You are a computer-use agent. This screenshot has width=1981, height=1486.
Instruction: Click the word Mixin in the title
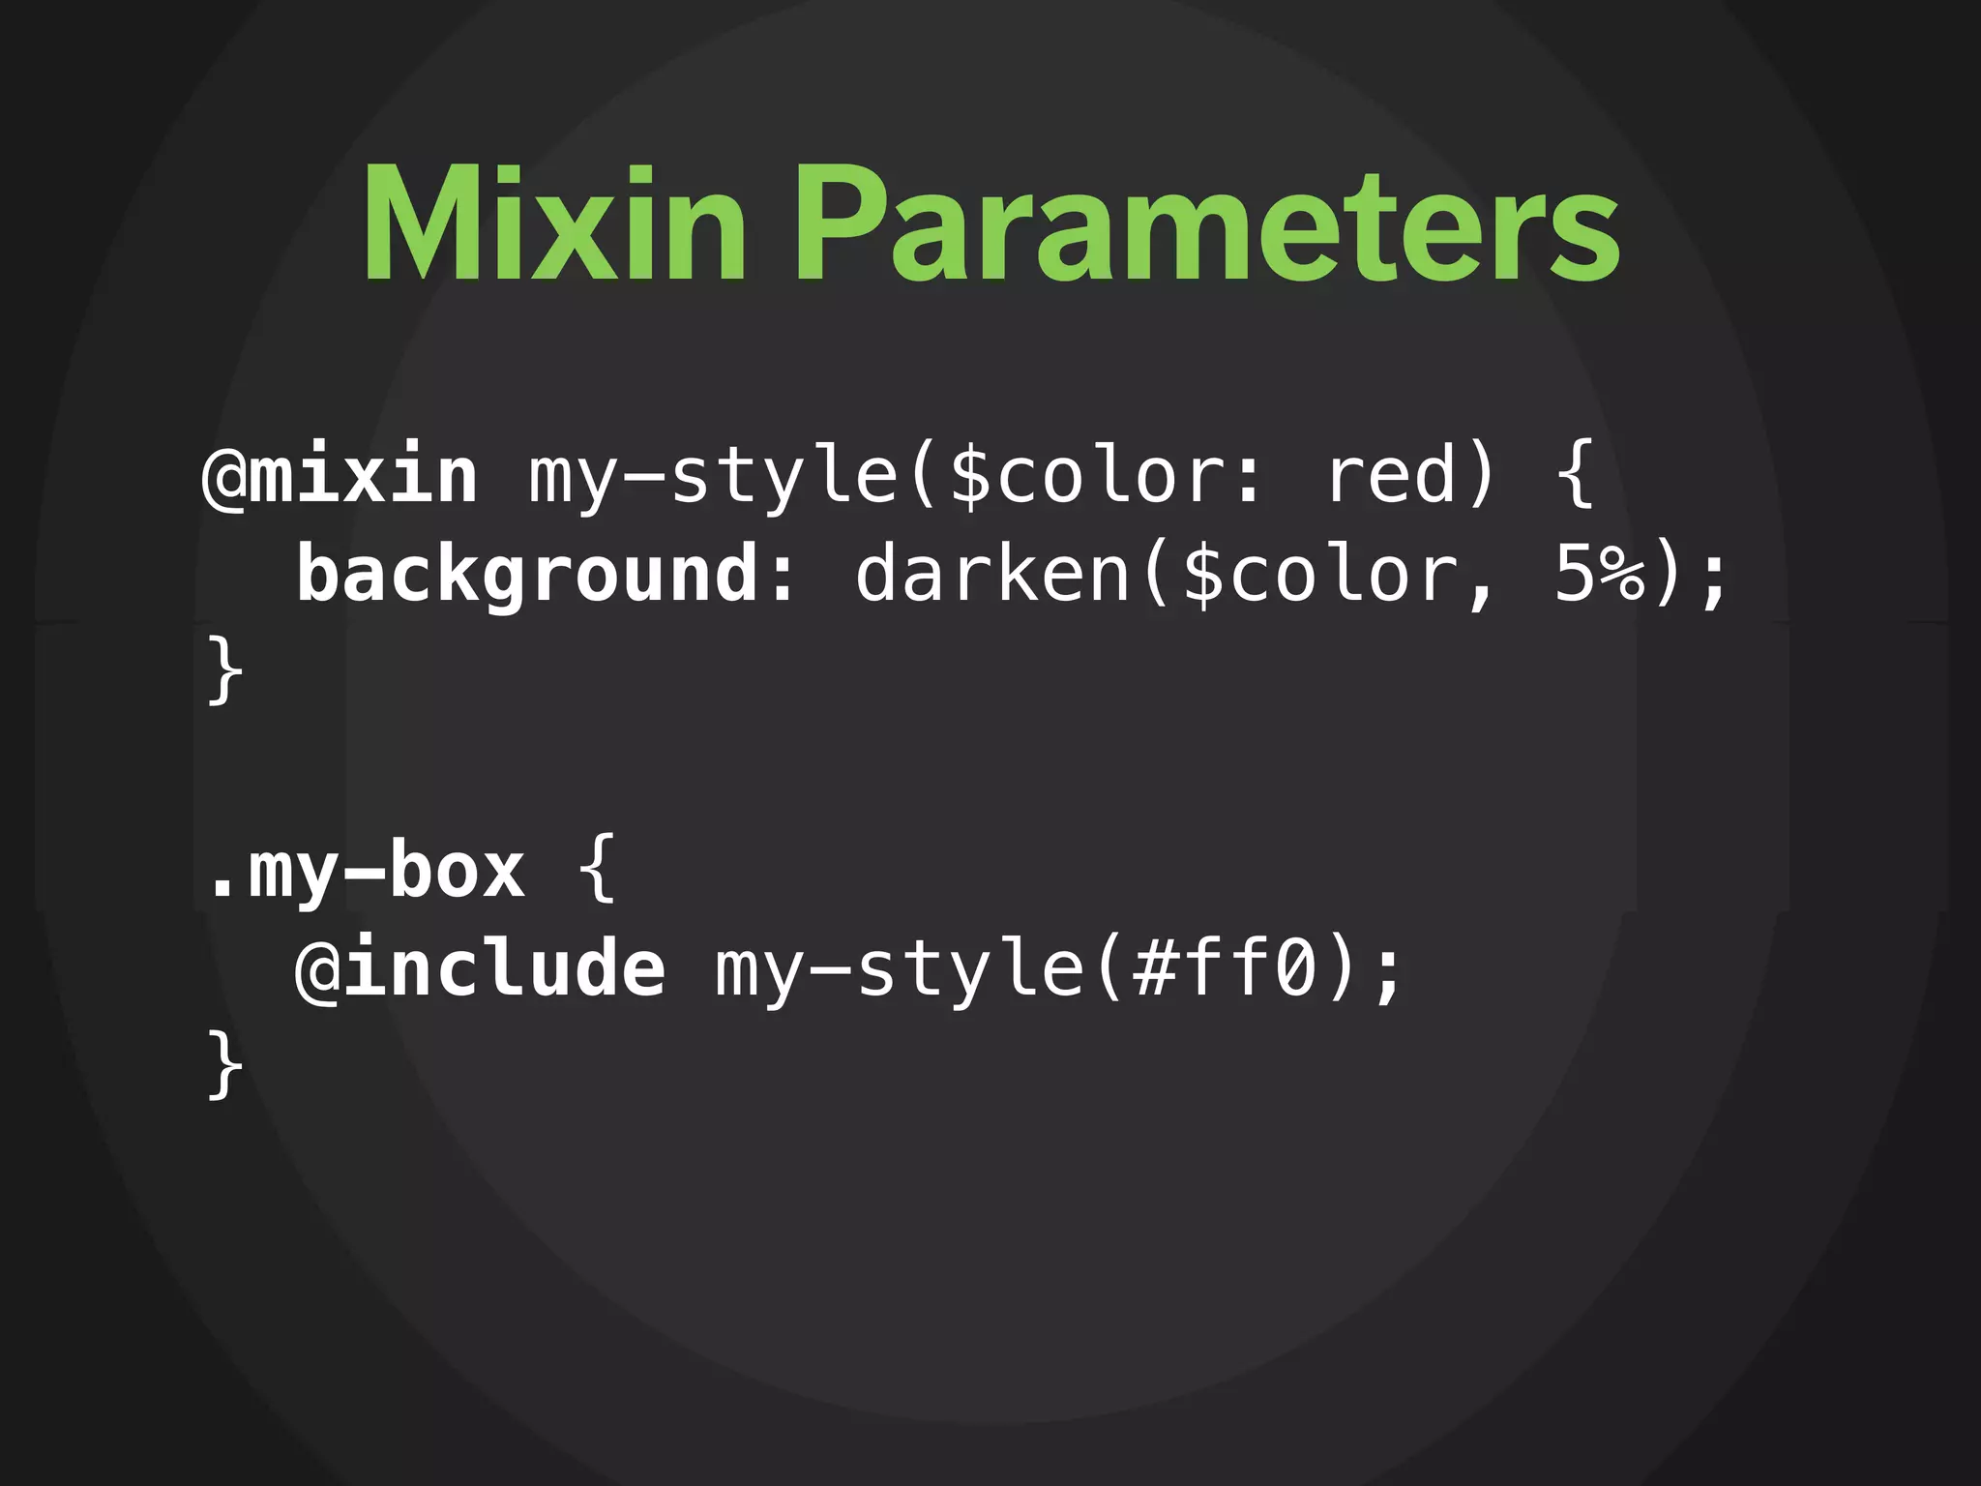(554, 224)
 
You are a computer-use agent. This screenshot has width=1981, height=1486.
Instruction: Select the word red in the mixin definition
(1391, 476)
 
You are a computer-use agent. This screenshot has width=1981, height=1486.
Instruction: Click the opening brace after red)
(1577, 476)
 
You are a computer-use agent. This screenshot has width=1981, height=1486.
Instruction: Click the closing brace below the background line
(224, 671)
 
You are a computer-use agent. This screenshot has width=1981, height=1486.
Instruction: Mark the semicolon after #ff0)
(1389, 975)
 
